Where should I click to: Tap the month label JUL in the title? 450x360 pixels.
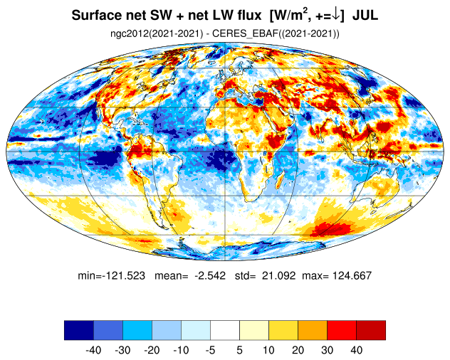tap(365, 15)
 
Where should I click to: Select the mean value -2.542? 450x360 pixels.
tap(210, 275)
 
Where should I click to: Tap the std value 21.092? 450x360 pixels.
tap(278, 275)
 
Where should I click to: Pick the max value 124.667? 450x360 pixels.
tap(352, 275)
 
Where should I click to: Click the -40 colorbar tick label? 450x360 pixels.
tap(93, 350)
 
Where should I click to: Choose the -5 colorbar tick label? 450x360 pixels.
tap(210, 350)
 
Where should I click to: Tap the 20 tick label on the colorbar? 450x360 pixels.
tap(298, 350)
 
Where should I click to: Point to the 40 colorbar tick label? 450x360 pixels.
tap(356, 350)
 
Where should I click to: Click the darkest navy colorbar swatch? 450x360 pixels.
tap(79, 330)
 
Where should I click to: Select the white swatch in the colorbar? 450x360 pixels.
tap(225, 330)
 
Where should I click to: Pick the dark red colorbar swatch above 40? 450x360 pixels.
tap(371, 330)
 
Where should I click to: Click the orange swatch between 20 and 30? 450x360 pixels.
tap(313, 330)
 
